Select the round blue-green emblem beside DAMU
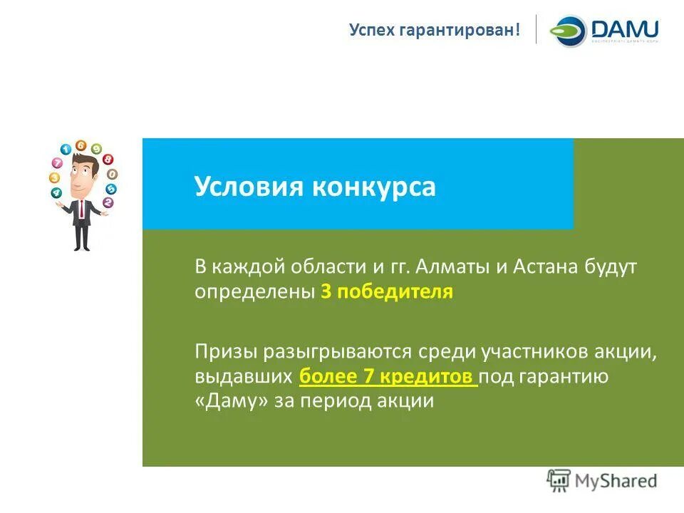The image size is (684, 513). [x=568, y=31]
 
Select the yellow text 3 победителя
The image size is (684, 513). [x=387, y=292]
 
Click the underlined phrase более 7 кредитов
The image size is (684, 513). [x=388, y=377]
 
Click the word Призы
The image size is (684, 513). [x=225, y=351]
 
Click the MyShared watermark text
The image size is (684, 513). [x=616, y=481]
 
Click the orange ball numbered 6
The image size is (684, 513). [x=81, y=145]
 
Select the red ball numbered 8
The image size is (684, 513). [x=108, y=160]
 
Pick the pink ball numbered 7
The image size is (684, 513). [x=58, y=163]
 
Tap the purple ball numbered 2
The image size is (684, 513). [x=108, y=202]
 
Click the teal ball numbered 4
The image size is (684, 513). [x=57, y=193]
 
